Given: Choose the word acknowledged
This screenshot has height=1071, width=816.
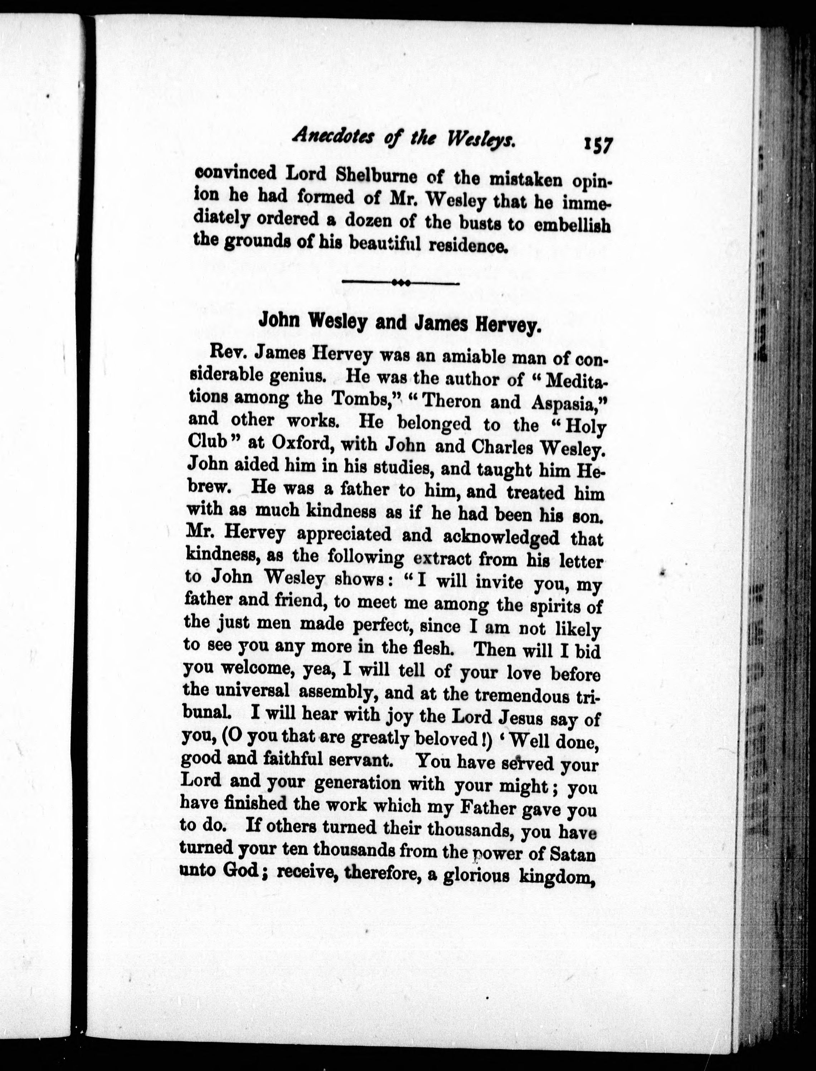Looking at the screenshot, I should click(502, 536).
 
